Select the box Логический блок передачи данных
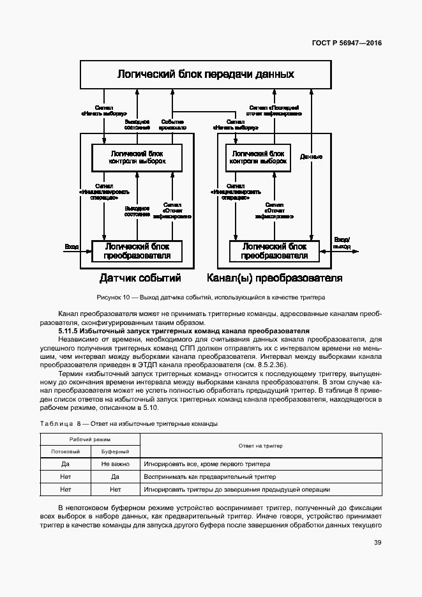pos(206,75)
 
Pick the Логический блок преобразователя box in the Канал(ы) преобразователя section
pos(275,251)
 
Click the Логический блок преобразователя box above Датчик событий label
pos(137,251)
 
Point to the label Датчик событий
pos(140,278)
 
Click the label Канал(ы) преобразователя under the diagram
pos(275,278)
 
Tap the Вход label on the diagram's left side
pos(72,246)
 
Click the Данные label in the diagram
pos(311,156)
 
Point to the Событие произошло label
pos(173,124)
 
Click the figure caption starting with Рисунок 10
pos(211,297)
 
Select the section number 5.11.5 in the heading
pos(70,331)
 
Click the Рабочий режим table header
pos(90,440)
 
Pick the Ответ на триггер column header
pos(260,445)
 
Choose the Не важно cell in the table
pos(115,464)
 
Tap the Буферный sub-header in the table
pos(115,451)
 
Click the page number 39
pos(378,543)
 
